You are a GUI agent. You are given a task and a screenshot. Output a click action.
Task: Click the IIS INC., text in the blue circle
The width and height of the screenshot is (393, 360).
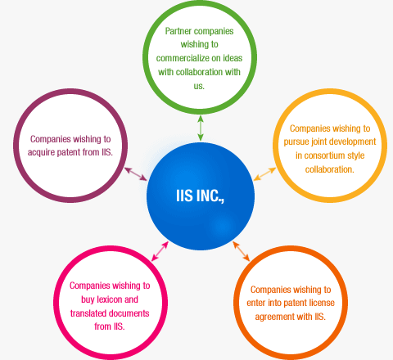point(200,196)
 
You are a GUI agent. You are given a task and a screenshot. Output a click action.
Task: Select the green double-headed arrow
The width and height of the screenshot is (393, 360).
point(201,128)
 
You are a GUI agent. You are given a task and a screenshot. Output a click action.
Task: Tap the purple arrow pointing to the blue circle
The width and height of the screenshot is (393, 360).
point(136,174)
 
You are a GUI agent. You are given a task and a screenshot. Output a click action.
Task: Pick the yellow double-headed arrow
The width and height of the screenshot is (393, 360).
point(264,174)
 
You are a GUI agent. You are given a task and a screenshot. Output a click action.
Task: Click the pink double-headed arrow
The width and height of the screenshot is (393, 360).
point(160,251)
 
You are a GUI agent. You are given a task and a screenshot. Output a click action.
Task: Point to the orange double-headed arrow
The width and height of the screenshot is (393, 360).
point(242,251)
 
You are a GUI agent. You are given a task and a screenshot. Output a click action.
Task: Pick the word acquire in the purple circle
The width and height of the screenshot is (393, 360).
point(41,152)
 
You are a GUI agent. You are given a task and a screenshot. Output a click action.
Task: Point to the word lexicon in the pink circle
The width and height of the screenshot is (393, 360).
point(110,299)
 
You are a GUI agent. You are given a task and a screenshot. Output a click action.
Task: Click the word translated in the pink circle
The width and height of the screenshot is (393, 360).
point(88,313)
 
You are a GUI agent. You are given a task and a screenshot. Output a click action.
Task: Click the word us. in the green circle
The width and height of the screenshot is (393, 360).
point(199,86)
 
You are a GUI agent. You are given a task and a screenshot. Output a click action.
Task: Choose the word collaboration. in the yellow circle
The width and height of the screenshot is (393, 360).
point(329,169)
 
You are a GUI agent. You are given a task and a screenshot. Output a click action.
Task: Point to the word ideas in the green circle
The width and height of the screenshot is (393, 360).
point(233,58)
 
